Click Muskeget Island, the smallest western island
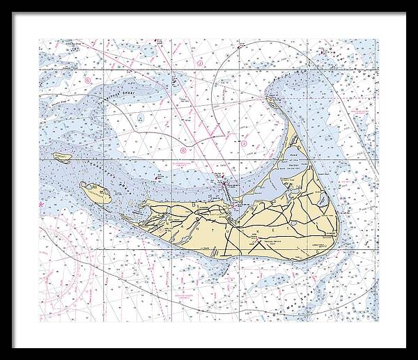pyautogui.click(x=62, y=157)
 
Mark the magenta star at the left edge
pyautogui.click(x=41, y=205)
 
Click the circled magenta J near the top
pyautogui.click(x=199, y=63)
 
